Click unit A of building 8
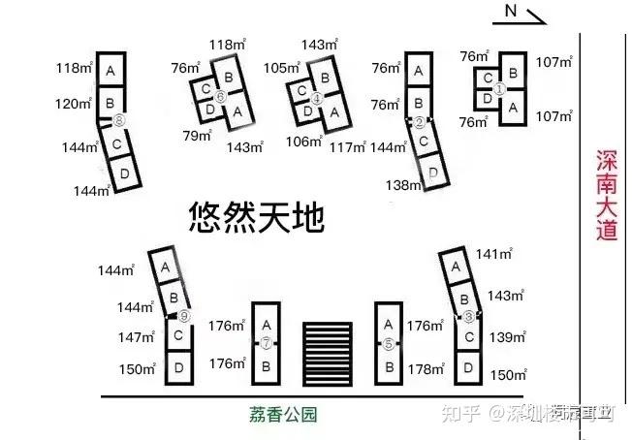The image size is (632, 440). (x=111, y=71)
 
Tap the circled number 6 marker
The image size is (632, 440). (x=221, y=97)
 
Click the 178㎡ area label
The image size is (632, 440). (x=427, y=369)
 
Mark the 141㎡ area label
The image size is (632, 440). (x=493, y=254)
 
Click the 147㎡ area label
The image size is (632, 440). (x=137, y=337)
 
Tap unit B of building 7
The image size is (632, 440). (x=266, y=366)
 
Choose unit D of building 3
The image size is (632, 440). (x=469, y=367)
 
